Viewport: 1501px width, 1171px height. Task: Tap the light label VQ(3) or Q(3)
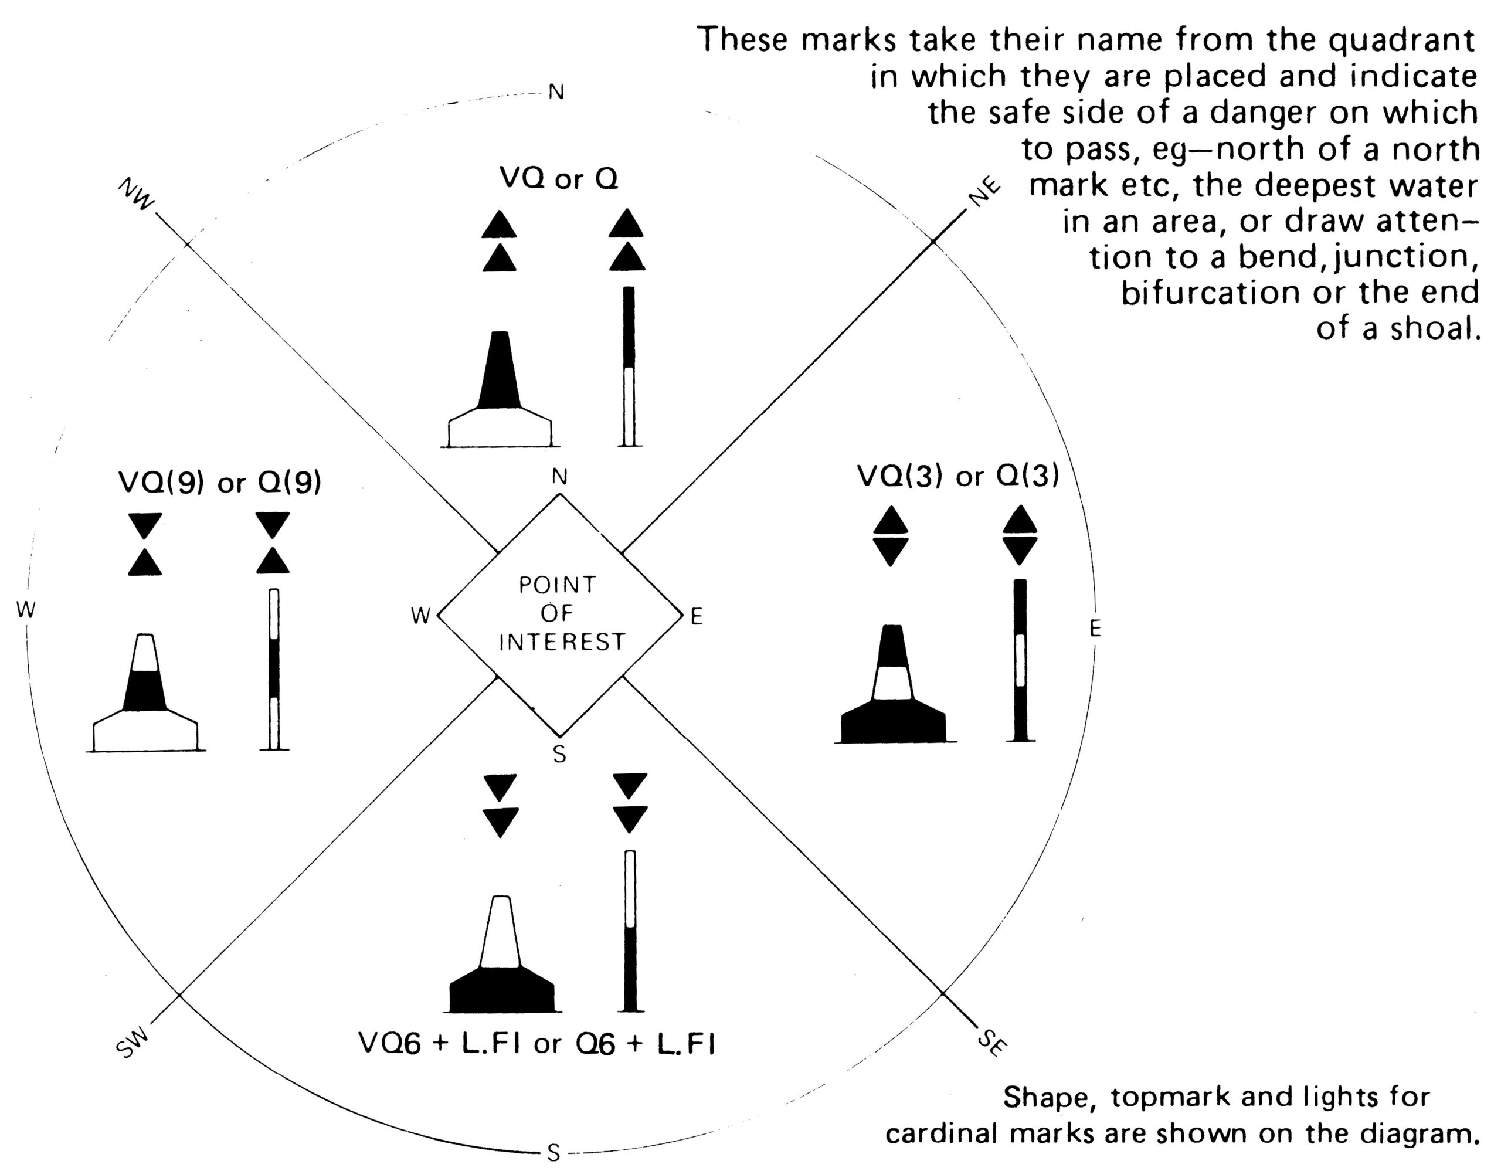(958, 476)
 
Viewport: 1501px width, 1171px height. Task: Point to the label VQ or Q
(559, 179)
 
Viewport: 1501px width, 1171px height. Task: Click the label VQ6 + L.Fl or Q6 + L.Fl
(536, 1044)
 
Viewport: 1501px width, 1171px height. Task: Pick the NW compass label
(137, 195)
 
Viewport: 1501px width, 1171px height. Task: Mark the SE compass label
(991, 1043)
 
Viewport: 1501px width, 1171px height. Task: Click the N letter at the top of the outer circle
(556, 92)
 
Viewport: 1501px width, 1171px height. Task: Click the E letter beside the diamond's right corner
(696, 616)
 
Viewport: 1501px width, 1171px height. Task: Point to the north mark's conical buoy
(500, 389)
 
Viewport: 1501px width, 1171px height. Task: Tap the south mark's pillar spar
(630, 931)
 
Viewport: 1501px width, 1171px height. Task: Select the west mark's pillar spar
(274, 669)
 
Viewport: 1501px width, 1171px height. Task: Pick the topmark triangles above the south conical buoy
(500, 806)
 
